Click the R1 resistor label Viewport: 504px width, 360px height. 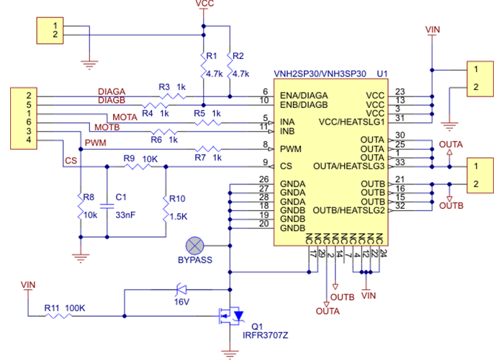[x=211, y=56]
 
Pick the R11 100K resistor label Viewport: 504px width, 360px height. [x=65, y=308]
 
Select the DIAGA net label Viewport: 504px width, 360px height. [x=112, y=92]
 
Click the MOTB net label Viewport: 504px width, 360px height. [x=107, y=127]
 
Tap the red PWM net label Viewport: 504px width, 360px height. [x=95, y=143]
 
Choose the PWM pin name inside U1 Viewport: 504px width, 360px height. [x=291, y=149]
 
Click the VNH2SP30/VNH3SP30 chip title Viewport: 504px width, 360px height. [x=320, y=74]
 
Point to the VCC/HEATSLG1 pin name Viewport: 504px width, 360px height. [x=353, y=122]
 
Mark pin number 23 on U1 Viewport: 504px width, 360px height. [x=400, y=92]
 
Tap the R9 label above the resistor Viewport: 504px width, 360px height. [x=130, y=158]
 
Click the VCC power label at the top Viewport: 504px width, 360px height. [x=204, y=4]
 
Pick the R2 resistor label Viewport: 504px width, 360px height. [x=240, y=56]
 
